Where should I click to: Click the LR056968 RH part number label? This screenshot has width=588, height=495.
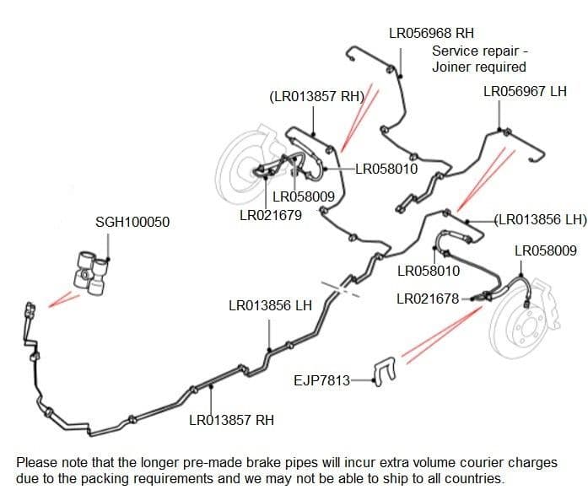pos(431,33)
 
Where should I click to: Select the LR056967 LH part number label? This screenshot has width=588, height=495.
pos(525,91)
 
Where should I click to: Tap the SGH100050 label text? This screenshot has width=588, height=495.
pos(132,222)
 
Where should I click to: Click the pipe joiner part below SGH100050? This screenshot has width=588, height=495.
pos(91,273)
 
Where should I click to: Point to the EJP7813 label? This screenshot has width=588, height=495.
pos(321,380)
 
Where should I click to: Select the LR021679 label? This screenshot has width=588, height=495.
pos(271,215)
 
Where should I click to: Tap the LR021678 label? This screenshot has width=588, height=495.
pos(428,299)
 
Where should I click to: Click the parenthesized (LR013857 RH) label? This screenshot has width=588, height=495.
pos(317,96)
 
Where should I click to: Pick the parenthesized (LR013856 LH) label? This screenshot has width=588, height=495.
pos(541,219)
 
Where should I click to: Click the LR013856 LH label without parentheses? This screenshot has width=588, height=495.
pos(270,305)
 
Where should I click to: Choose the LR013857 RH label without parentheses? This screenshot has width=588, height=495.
pos(231,420)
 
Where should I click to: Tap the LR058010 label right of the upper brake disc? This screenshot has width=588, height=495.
pos(386,169)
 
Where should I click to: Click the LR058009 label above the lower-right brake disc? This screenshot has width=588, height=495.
pos(546,250)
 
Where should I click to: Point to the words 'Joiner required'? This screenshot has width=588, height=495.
pos(479,67)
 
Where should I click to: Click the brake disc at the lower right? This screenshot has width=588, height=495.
pos(523,326)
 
